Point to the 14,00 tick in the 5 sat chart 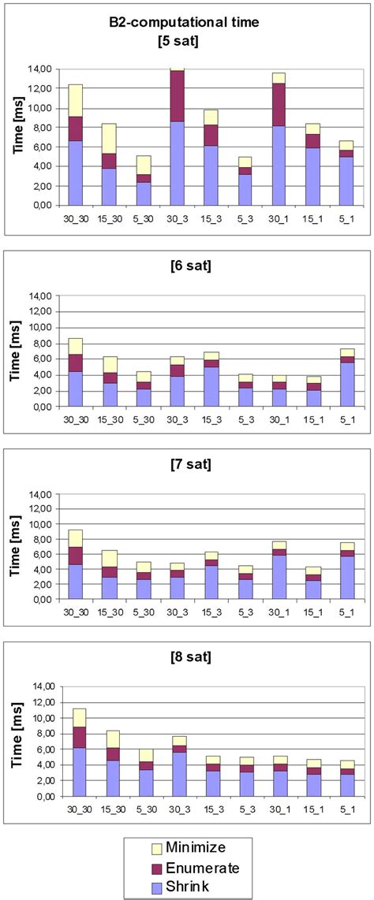(40, 69)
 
